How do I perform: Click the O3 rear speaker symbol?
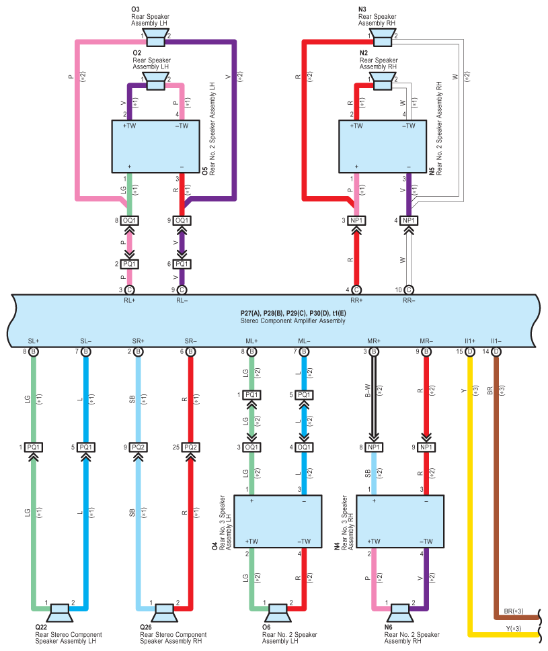coord(156,38)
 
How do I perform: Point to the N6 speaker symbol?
coord(401,613)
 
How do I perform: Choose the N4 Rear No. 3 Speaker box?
coord(400,521)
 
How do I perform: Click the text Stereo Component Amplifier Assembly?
coord(292,321)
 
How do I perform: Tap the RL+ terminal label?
coord(130,300)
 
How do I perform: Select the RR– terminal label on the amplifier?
coord(409,300)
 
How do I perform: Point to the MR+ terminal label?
coord(374,341)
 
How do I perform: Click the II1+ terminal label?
coord(470,341)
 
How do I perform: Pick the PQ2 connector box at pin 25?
coord(191,447)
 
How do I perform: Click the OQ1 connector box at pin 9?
coord(182,220)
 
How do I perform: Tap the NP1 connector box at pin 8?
coord(374,447)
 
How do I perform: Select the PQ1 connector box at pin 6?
coord(182,264)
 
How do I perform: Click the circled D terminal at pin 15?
coord(470,351)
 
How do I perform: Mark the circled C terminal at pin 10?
coord(409,290)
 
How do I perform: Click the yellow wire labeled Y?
coord(470,498)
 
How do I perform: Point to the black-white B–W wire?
coord(374,398)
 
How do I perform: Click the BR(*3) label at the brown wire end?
coord(514,611)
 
